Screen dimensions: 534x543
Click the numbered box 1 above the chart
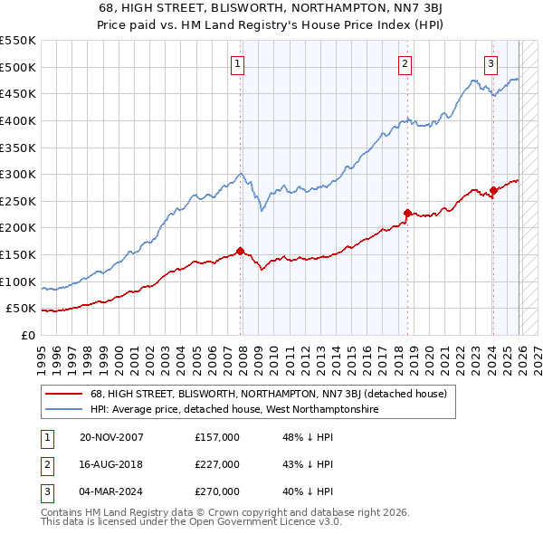click(x=236, y=63)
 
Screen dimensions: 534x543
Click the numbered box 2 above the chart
click(x=404, y=63)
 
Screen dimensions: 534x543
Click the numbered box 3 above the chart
click(x=491, y=63)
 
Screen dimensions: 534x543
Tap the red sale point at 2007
click(x=241, y=251)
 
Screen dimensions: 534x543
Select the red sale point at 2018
click(x=407, y=214)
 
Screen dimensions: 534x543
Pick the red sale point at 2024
click(x=493, y=190)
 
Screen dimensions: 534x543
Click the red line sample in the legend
click(x=64, y=394)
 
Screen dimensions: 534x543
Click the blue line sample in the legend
click(x=64, y=410)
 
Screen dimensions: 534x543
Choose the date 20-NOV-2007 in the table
click(x=111, y=437)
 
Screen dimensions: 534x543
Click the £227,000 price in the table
click(x=217, y=464)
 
